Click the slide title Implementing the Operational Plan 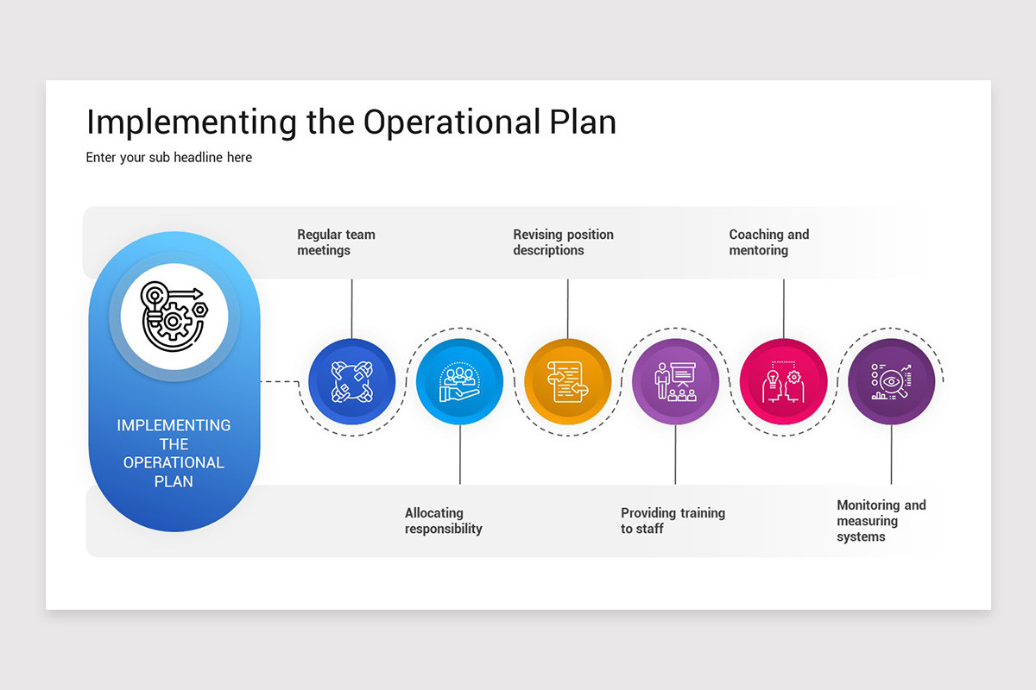click(x=351, y=122)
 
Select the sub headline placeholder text click(x=169, y=158)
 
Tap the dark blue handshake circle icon click(x=351, y=381)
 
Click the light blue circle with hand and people click(x=459, y=381)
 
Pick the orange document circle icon click(x=567, y=381)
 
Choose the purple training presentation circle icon click(x=675, y=381)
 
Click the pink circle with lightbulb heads click(x=783, y=381)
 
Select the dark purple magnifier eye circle click(x=891, y=381)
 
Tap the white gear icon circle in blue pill click(x=174, y=317)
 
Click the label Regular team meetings click(x=336, y=242)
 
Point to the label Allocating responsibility click(x=443, y=521)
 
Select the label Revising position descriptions click(x=563, y=242)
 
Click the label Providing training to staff click(x=673, y=521)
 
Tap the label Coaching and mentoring click(x=768, y=242)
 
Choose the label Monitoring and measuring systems click(x=881, y=521)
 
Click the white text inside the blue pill click(x=174, y=453)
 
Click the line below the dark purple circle click(x=891, y=455)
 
